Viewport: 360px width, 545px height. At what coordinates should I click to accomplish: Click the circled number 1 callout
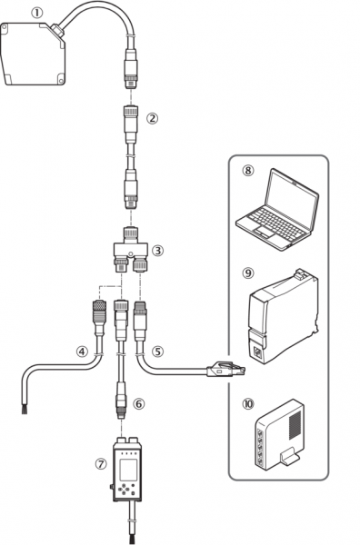point(36,14)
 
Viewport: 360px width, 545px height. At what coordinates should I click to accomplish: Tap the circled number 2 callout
point(152,118)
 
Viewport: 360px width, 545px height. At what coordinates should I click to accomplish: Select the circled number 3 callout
point(158,251)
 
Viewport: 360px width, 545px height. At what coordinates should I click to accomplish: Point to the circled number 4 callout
point(82,352)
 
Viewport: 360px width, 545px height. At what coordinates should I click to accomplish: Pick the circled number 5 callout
point(157,352)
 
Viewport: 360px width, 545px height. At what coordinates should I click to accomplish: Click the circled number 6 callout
point(139,404)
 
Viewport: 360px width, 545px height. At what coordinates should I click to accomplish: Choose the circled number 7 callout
point(101,464)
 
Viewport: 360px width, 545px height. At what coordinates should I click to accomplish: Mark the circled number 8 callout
point(248,171)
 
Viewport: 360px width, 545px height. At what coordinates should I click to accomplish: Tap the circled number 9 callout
point(248,273)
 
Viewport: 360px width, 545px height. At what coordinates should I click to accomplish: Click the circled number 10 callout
point(248,404)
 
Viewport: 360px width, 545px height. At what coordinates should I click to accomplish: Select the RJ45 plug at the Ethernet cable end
point(226,370)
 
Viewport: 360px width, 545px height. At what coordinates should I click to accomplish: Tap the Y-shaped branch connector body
point(131,249)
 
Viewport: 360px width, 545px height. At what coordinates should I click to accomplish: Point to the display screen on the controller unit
point(129,470)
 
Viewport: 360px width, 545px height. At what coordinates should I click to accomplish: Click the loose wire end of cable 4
point(25,411)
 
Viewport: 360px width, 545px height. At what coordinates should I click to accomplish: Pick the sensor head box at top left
point(33,54)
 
